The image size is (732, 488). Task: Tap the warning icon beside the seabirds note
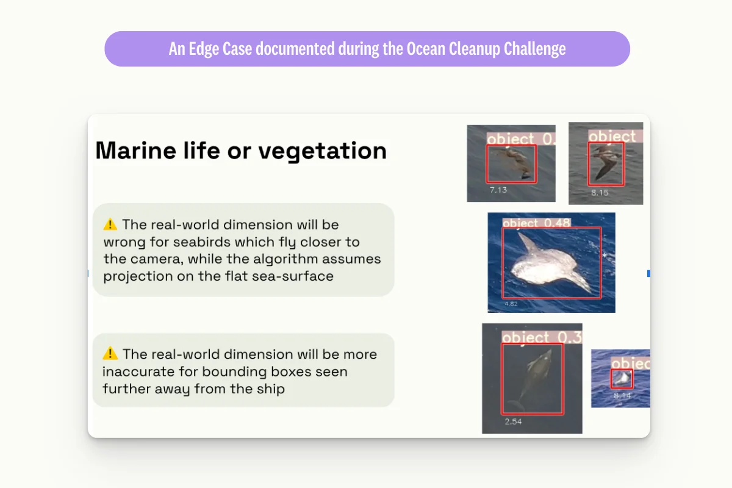[110, 224]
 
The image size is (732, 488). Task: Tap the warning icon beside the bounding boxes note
[110, 353]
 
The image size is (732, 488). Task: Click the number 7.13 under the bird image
[498, 190]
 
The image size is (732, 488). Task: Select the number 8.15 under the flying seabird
[600, 193]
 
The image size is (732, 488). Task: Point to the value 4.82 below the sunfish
[511, 303]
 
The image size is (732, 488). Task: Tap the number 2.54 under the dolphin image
[513, 422]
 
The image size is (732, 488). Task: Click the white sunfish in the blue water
[543, 265]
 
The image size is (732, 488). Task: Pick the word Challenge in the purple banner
[535, 49]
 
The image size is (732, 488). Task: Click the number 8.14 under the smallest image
[622, 396]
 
